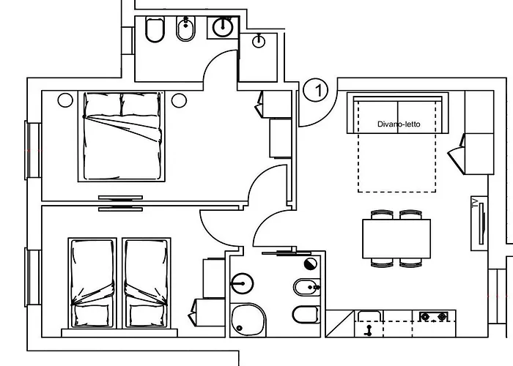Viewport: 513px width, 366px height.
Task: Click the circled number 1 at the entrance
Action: [x=315, y=90]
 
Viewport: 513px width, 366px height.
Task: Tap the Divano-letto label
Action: [x=399, y=124]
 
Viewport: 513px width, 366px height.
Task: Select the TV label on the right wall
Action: [x=476, y=204]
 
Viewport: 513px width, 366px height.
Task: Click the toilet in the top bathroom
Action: [x=155, y=31]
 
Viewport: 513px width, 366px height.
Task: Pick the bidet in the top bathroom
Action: [x=185, y=30]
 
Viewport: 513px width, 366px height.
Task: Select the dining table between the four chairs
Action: [x=396, y=238]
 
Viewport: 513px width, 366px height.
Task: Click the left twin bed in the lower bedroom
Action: [x=92, y=282]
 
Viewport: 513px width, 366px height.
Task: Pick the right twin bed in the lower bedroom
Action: [x=147, y=282]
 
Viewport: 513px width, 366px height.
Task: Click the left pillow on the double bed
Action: [x=101, y=104]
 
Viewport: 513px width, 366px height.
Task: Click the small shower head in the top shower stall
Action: [x=258, y=42]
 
